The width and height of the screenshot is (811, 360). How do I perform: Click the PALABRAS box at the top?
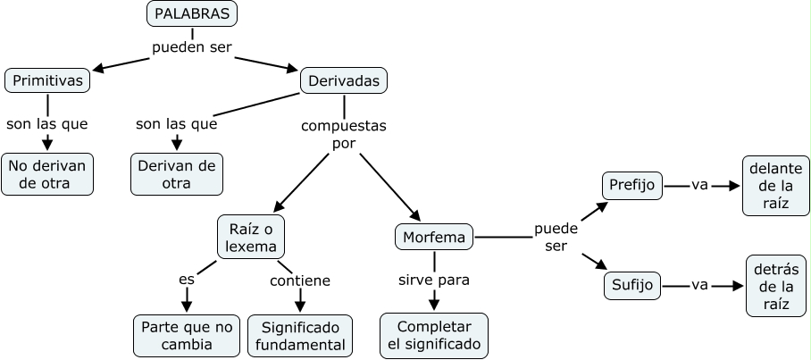tap(192, 14)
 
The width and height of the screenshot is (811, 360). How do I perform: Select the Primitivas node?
tap(48, 80)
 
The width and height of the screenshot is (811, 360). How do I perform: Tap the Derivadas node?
tap(344, 81)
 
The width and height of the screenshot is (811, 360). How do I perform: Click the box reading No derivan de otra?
tap(47, 174)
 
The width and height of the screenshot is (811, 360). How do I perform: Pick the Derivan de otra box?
tap(177, 174)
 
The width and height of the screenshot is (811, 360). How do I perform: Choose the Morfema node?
tap(434, 238)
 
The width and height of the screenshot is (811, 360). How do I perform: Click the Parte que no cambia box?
tap(186, 335)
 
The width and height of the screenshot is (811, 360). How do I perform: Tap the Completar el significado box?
tap(434, 335)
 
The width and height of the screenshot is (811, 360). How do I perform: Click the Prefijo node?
tap(632, 186)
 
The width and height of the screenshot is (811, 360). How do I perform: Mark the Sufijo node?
tap(632, 286)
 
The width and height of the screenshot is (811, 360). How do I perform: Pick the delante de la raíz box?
tap(775, 186)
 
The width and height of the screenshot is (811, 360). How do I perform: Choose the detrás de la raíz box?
tap(776, 286)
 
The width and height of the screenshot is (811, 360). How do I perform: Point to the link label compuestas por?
tap(344, 134)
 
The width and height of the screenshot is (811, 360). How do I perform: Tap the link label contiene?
tap(300, 280)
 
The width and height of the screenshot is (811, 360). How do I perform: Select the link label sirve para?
tap(434, 280)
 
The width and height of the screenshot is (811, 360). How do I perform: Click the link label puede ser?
tap(556, 237)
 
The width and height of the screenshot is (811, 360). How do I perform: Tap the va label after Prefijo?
tap(699, 185)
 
